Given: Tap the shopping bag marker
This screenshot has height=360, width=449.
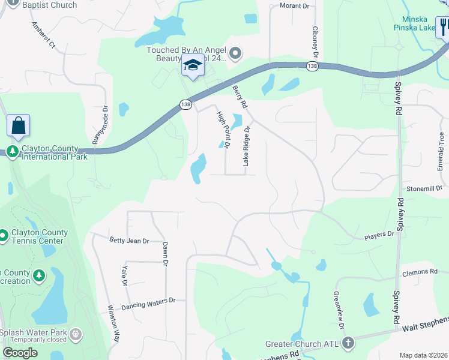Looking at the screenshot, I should (18, 126).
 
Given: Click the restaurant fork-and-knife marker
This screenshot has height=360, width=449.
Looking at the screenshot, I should (444, 28).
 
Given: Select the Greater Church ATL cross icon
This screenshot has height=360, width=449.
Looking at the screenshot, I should (347, 344).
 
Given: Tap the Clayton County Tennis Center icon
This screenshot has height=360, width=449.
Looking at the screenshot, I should (3, 235).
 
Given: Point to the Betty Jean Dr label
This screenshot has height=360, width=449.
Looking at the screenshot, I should (129, 241).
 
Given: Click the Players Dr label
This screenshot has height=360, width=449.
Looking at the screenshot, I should (379, 234).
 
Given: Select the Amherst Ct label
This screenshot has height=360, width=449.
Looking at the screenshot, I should (43, 37).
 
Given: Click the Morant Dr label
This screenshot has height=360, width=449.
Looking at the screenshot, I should (294, 6).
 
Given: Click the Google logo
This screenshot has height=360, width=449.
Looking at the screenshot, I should (20, 352).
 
